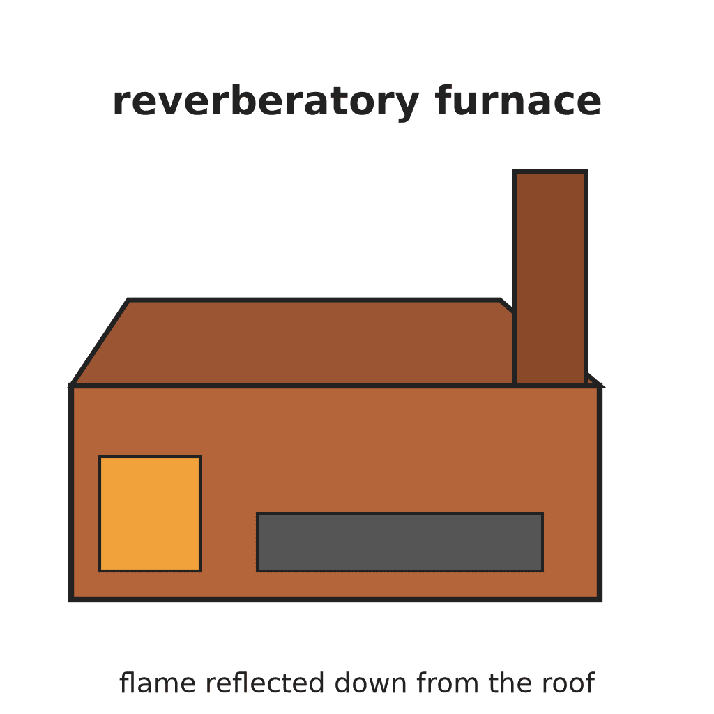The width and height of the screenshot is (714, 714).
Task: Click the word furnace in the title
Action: click(x=518, y=100)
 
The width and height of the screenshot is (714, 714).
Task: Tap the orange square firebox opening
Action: click(x=150, y=514)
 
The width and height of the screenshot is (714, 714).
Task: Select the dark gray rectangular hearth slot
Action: click(x=400, y=542)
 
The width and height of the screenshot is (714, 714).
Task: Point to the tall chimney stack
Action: click(x=550, y=278)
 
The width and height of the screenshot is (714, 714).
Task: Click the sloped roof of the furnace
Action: click(x=291, y=342)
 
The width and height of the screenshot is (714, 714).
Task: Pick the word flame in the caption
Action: click(x=158, y=683)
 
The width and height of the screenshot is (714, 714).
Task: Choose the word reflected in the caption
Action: click(x=265, y=683)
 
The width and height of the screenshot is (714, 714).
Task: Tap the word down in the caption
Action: click(x=370, y=683)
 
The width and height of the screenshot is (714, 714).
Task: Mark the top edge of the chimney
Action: click(x=550, y=172)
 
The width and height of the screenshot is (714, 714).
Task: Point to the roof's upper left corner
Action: click(x=128, y=300)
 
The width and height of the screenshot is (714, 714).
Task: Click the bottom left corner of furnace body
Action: click(x=71, y=599)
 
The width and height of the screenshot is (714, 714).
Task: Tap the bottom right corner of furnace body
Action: click(x=599, y=599)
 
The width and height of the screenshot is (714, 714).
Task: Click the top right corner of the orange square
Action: click(x=200, y=457)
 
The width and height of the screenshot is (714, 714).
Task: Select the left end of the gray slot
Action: click(x=258, y=542)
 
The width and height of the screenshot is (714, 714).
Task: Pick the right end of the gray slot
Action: click(x=542, y=542)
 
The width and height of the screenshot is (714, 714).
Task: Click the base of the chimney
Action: click(x=550, y=384)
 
